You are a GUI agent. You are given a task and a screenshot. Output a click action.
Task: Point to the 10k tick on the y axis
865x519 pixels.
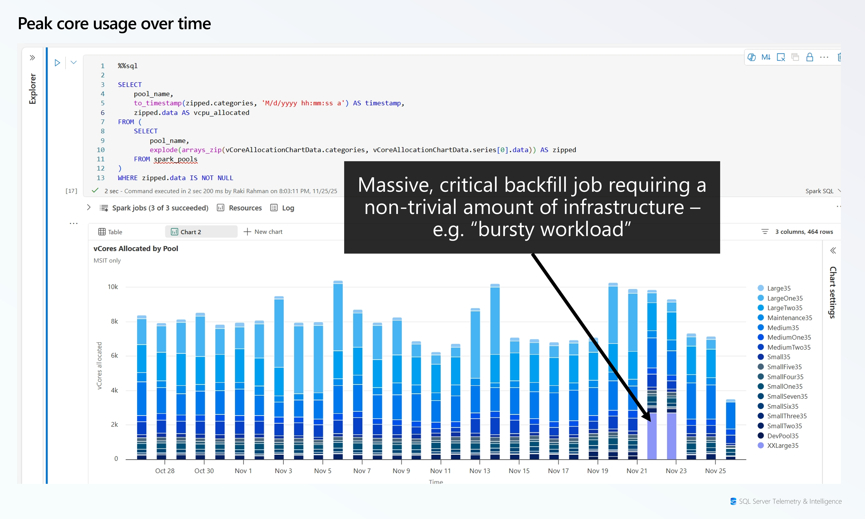pos(113,287)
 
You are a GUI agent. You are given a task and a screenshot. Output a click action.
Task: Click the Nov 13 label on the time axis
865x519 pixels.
pos(480,471)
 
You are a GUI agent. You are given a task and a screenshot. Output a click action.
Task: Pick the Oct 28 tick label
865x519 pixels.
pos(165,471)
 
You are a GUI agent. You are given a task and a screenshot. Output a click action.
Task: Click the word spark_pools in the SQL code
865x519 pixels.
pos(176,159)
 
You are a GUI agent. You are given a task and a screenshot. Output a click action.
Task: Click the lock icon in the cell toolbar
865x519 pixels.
pos(809,57)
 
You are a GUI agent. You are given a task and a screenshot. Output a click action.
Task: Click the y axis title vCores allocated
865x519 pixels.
pos(99,365)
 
